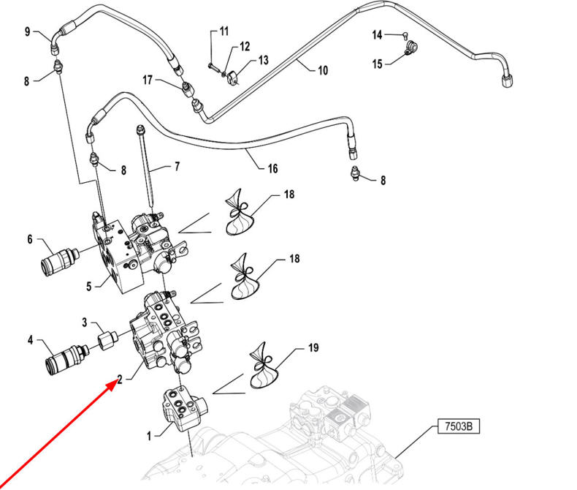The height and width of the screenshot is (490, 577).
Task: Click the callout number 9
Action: [28, 31]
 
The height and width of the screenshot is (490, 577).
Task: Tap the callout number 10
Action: [322, 70]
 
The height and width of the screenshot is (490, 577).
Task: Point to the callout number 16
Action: [272, 168]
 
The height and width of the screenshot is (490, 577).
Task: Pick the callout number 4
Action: [30, 340]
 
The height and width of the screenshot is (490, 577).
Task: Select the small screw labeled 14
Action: [404, 34]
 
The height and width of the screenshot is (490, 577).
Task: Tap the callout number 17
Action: [147, 80]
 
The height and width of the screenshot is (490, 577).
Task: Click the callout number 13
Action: [263, 60]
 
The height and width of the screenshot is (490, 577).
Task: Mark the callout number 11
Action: [223, 31]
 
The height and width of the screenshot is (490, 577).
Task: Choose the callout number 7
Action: [176, 167]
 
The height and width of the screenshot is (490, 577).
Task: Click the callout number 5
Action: [88, 286]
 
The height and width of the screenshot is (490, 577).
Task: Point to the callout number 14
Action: [378, 34]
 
